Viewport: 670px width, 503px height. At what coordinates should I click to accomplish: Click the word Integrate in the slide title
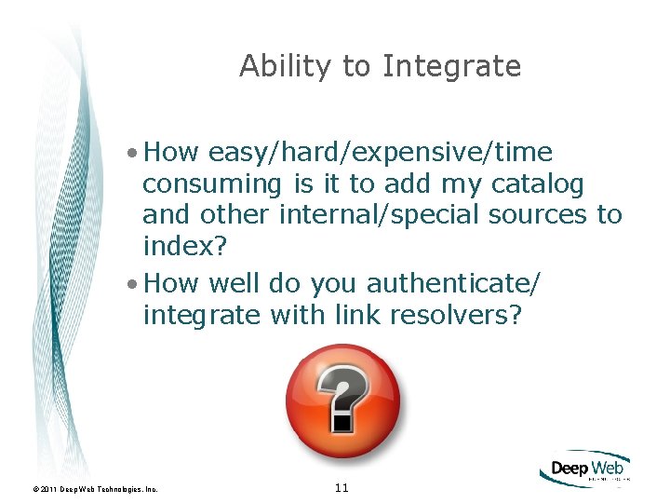tap(451, 67)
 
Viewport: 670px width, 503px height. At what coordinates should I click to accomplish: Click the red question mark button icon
tap(342, 401)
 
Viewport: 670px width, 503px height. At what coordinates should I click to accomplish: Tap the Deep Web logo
tap(584, 469)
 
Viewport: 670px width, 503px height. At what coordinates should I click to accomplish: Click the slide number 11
tap(341, 487)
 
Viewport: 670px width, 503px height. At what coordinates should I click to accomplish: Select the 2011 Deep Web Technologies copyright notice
tap(95, 488)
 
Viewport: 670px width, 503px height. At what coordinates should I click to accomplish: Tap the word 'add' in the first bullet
tap(407, 184)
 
